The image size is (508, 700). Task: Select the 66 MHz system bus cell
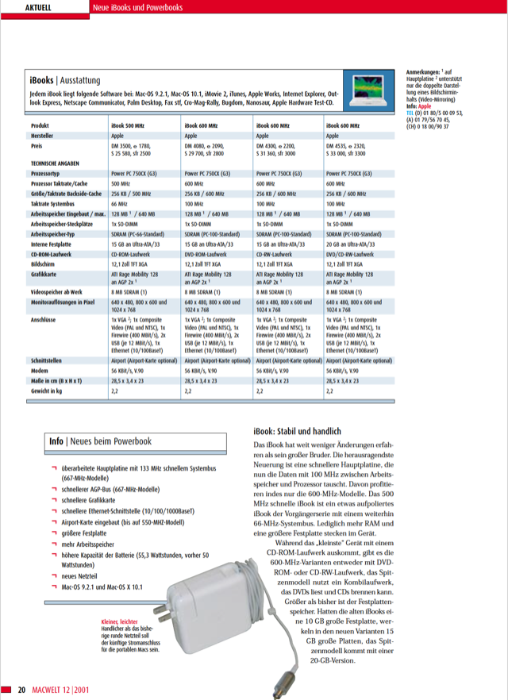120,204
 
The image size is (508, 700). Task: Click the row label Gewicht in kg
48,390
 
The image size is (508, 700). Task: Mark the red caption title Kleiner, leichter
120,622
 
